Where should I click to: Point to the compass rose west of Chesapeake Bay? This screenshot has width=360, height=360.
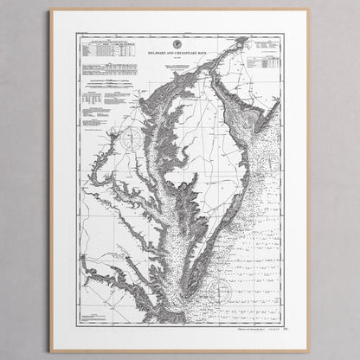click(131, 136)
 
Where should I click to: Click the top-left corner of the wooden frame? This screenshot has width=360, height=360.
click(51, 10)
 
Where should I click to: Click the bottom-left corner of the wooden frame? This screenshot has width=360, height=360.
click(51, 350)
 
